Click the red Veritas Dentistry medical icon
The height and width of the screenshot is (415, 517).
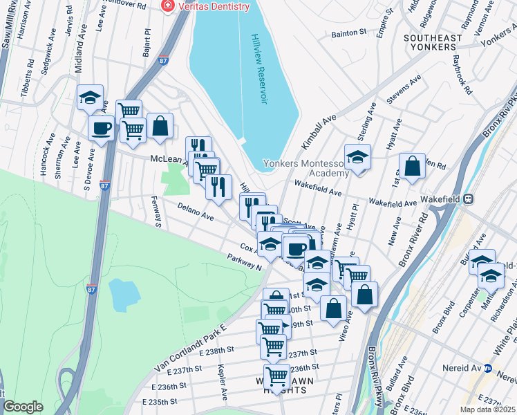point(167,6)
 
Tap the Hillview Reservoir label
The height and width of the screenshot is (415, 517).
point(259,68)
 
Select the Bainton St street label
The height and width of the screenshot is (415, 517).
point(349,33)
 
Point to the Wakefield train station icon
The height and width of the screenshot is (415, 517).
point(469,198)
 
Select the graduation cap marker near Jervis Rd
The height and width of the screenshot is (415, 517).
point(90,98)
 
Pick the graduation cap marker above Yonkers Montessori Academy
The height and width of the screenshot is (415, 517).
point(357,157)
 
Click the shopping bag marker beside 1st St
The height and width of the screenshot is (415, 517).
point(412,167)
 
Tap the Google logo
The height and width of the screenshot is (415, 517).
point(23,407)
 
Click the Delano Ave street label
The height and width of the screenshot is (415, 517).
point(195,210)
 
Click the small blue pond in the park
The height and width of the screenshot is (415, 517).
point(122,295)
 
